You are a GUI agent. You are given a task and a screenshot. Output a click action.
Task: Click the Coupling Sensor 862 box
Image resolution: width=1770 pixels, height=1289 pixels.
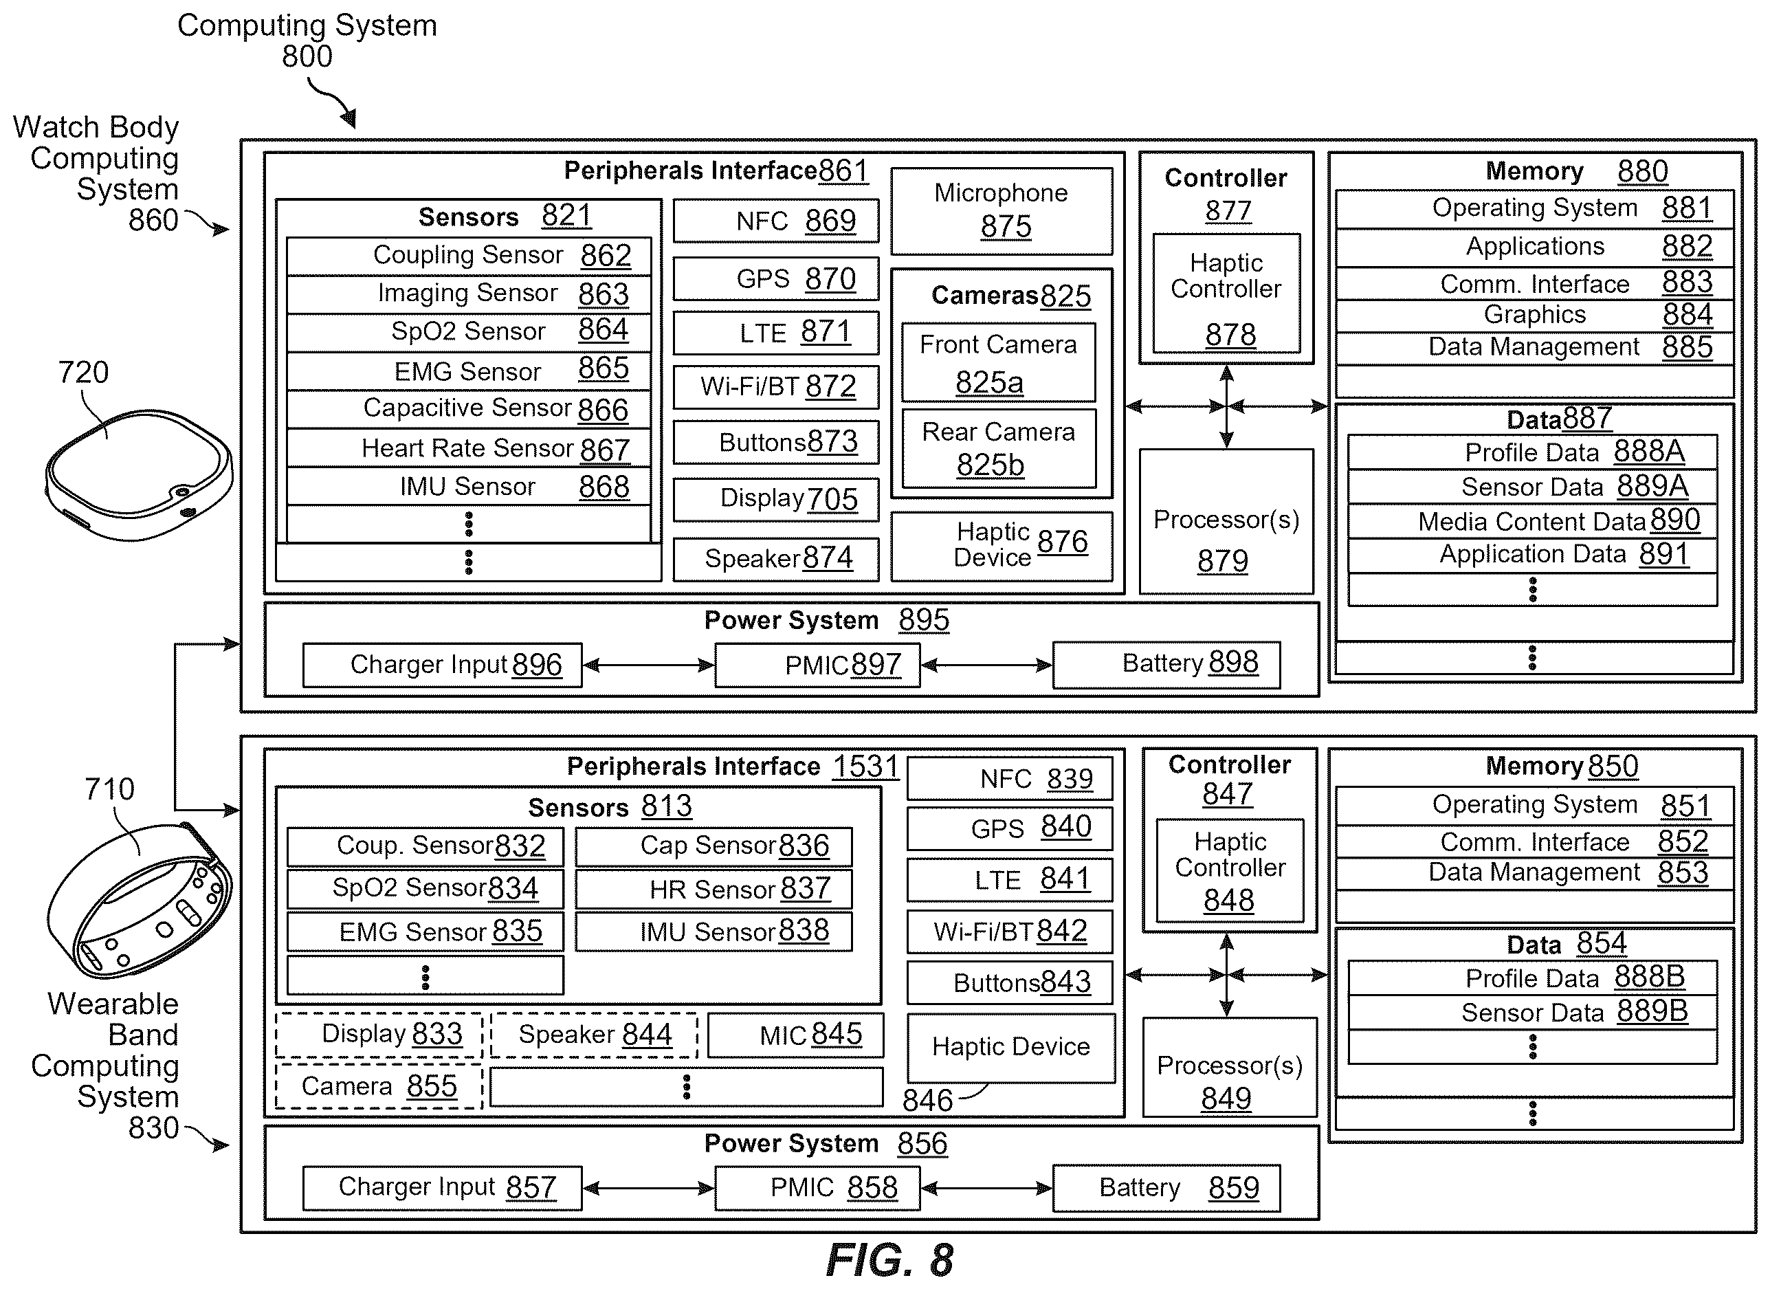tap(468, 256)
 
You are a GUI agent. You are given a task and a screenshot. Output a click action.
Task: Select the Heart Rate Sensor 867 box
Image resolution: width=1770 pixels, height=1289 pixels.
tap(468, 448)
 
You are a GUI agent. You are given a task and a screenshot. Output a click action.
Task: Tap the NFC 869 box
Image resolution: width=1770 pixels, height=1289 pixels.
tap(776, 221)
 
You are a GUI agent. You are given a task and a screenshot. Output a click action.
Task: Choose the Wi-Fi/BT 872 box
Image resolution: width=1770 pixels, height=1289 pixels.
tap(776, 386)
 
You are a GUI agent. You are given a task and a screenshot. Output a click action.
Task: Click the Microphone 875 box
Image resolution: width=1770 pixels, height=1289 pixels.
tap(1002, 211)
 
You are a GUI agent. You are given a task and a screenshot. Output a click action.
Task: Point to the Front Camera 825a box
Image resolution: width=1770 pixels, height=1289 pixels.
tap(998, 362)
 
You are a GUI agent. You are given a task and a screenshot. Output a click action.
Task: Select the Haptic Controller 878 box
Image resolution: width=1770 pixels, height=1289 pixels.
tap(1226, 293)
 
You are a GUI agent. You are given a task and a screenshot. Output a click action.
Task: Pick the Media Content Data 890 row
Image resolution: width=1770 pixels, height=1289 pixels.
tap(1532, 520)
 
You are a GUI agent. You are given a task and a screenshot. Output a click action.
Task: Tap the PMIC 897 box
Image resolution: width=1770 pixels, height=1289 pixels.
tap(817, 665)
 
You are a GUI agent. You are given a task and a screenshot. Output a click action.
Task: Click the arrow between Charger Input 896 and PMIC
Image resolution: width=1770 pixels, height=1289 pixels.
tap(648, 665)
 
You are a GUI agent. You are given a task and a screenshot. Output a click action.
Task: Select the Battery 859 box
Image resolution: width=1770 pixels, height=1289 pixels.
tap(1166, 1187)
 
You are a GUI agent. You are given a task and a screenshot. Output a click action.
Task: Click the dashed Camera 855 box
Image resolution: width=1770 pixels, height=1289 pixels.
tap(379, 1086)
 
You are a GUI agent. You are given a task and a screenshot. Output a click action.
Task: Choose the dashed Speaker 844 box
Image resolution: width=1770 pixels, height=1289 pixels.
tap(594, 1035)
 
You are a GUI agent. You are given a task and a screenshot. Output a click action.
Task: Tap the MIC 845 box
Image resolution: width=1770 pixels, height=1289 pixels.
tap(795, 1035)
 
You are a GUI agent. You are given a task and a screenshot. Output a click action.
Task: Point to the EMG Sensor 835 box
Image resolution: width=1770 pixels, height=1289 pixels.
tap(425, 932)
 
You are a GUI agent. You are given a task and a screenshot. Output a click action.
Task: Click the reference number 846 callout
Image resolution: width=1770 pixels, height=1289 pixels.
tap(927, 1100)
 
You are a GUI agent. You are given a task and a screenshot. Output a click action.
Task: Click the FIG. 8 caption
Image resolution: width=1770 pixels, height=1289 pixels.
tap(889, 1259)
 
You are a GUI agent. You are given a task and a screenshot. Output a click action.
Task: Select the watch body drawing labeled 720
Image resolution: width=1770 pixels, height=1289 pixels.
tap(139, 474)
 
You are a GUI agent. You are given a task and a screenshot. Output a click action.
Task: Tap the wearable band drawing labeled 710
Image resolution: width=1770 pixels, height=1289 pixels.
tap(139, 900)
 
